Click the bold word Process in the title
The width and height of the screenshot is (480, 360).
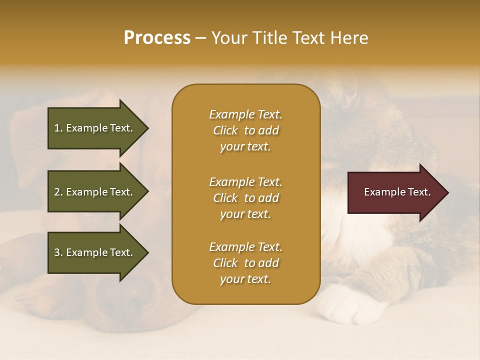tap(157, 38)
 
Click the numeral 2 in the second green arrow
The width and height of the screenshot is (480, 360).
tap(57, 192)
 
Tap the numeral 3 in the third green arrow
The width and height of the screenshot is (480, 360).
tap(57, 252)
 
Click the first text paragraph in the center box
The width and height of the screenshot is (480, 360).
tap(245, 130)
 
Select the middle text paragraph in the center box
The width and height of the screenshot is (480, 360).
tap(245, 198)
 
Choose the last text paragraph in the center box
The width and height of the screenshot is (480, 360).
tap(245, 263)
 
